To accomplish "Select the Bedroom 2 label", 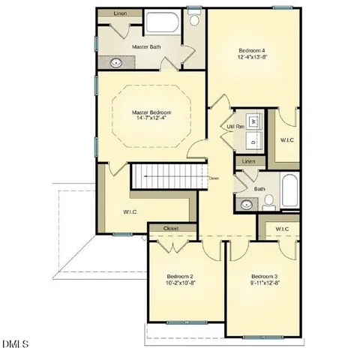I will (181, 275).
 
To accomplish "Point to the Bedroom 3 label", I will (265, 275).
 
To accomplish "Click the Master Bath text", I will (147, 46).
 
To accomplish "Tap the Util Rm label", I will (235, 127).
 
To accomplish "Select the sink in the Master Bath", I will (116, 62).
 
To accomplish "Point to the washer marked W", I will (254, 120).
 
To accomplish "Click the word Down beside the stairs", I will (214, 178).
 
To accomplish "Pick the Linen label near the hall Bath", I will (249, 162).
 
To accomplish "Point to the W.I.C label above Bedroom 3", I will (282, 229).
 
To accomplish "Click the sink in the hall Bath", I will (246, 203).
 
